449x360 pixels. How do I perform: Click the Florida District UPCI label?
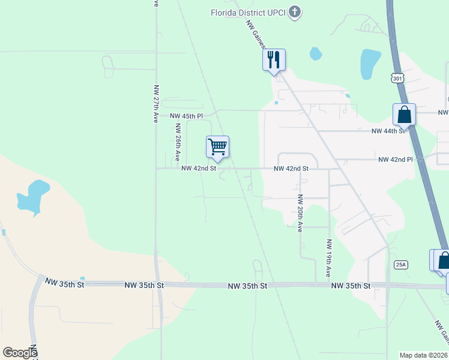pyautogui.click(x=248, y=13)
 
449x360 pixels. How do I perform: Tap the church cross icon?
pyautogui.click(x=295, y=12)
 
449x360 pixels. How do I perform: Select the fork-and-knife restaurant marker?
pyautogui.click(x=274, y=60)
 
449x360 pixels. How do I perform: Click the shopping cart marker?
pyautogui.click(x=217, y=146)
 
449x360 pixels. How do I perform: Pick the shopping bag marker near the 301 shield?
pyautogui.click(x=405, y=115)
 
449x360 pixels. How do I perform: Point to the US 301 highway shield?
pyautogui.click(x=396, y=78)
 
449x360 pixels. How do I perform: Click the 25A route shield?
pyautogui.click(x=401, y=265)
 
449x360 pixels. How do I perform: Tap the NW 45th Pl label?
pyautogui.click(x=186, y=116)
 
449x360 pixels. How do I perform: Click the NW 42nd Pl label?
pyautogui.click(x=396, y=160)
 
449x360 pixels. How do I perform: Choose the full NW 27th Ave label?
pyautogui.click(x=155, y=104)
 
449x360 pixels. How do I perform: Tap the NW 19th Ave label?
pyautogui.click(x=329, y=258)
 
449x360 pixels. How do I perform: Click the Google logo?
pyautogui.click(x=20, y=353)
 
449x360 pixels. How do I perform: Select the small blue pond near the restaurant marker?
pyautogui.click(x=316, y=54)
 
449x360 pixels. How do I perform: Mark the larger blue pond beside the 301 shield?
pyautogui.click(x=370, y=64)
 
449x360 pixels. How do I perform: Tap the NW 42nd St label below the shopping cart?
pyautogui.click(x=199, y=169)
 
